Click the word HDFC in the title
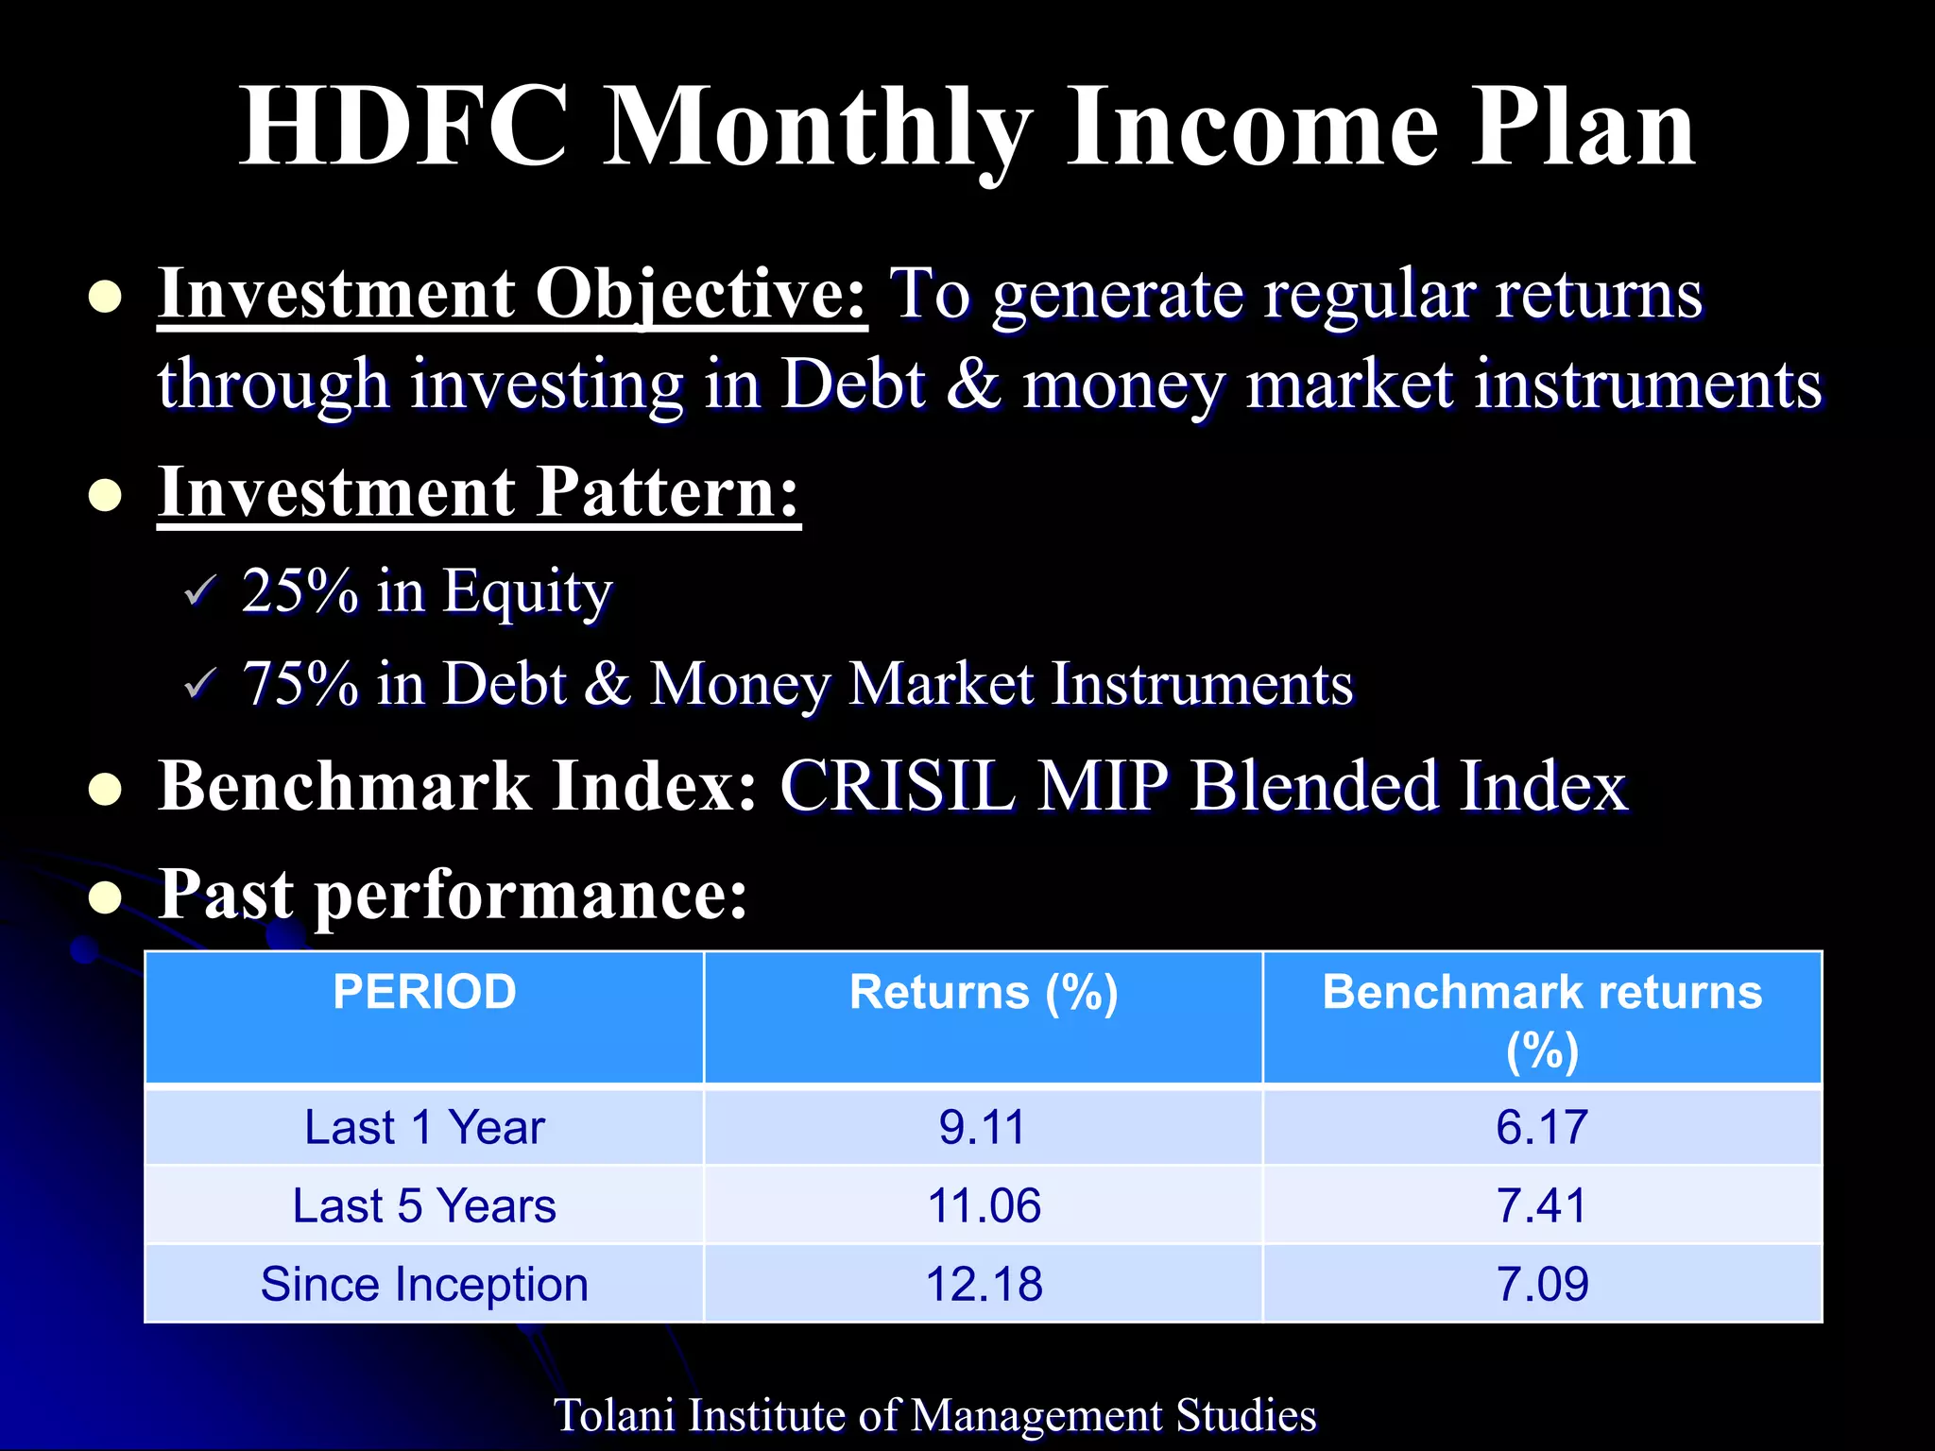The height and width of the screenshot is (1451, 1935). (403, 128)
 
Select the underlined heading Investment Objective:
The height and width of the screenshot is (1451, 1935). (511, 295)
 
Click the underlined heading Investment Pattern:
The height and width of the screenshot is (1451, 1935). (478, 493)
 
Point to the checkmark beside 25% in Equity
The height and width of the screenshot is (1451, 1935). (200, 592)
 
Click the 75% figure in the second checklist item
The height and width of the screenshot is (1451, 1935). (300, 684)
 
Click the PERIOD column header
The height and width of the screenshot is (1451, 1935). (424, 993)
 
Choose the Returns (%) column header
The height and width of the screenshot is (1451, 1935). (983, 993)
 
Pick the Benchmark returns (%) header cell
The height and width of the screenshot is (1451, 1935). (1541, 1018)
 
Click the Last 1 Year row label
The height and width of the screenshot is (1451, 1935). (424, 1127)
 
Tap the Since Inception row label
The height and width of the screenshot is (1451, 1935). (424, 1285)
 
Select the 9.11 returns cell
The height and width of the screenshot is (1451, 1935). (983, 1127)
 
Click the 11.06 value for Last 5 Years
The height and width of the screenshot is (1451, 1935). (983, 1206)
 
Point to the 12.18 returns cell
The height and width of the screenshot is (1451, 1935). (983, 1285)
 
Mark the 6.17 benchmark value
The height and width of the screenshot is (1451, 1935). (1541, 1127)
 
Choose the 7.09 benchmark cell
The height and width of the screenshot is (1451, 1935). (1541, 1285)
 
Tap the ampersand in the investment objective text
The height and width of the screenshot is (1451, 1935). (973, 384)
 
